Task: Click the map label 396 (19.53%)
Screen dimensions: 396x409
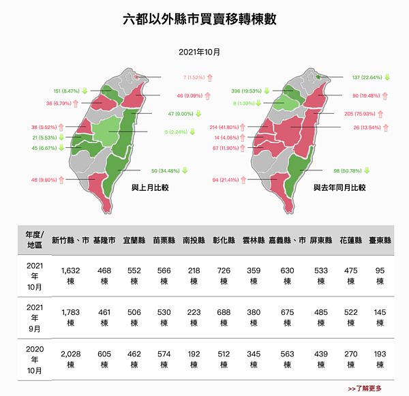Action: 246,91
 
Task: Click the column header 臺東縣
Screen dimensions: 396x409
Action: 380,241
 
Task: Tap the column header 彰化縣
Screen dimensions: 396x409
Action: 224,241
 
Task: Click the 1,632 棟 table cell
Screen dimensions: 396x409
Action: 71,276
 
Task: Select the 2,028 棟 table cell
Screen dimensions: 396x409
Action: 71,359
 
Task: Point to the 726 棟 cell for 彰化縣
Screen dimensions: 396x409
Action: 224,276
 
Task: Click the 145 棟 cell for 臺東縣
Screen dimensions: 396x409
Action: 380,318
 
